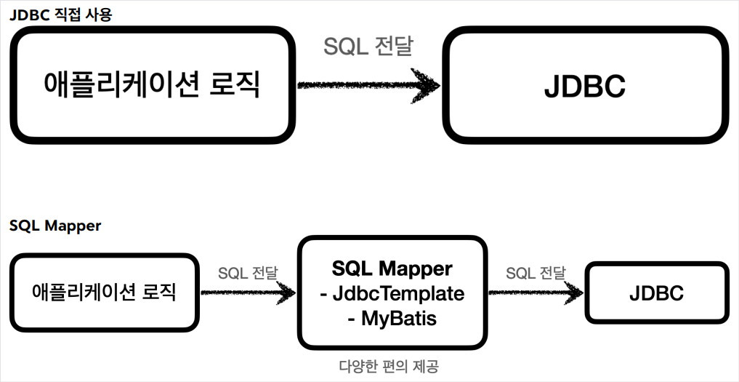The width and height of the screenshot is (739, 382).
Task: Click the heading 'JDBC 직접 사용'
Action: [x=60, y=14]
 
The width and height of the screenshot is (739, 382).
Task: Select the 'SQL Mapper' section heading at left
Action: [x=55, y=226]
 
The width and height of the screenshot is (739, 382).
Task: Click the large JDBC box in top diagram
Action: [x=584, y=87]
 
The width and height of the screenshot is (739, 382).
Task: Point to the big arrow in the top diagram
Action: [x=367, y=86]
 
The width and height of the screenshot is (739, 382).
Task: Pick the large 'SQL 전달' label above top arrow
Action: [x=368, y=47]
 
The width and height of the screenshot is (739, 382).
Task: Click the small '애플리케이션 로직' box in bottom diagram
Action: [x=105, y=293]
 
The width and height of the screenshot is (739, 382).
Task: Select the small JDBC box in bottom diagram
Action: [x=656, y=293]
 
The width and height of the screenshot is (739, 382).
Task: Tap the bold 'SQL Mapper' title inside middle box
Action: [x=392, y=268]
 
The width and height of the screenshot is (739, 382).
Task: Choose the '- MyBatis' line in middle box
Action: [x=392, y=318]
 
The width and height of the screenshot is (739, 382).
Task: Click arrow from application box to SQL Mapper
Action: [x=247, y=293]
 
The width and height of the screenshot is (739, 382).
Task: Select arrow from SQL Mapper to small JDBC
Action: [x=535, y=293]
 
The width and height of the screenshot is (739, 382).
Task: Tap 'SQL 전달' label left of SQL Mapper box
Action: [x=248, y=274]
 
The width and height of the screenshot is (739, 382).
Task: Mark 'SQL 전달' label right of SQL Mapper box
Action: [x=536, y=274]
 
